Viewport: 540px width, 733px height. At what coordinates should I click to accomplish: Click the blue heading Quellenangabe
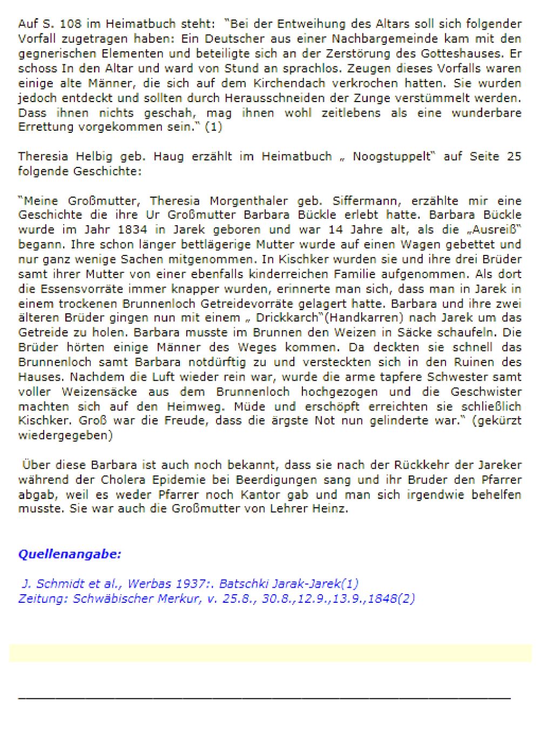(70, 554)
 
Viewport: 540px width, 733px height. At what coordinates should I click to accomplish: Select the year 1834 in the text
(132, 230)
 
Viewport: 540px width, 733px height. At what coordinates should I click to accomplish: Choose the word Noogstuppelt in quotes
(392, 157)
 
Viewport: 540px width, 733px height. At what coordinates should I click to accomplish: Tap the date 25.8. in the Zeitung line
(239, 598)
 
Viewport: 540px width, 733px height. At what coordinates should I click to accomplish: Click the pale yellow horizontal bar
(270, 653)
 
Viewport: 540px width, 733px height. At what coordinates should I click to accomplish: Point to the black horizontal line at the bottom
(264, 699)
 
